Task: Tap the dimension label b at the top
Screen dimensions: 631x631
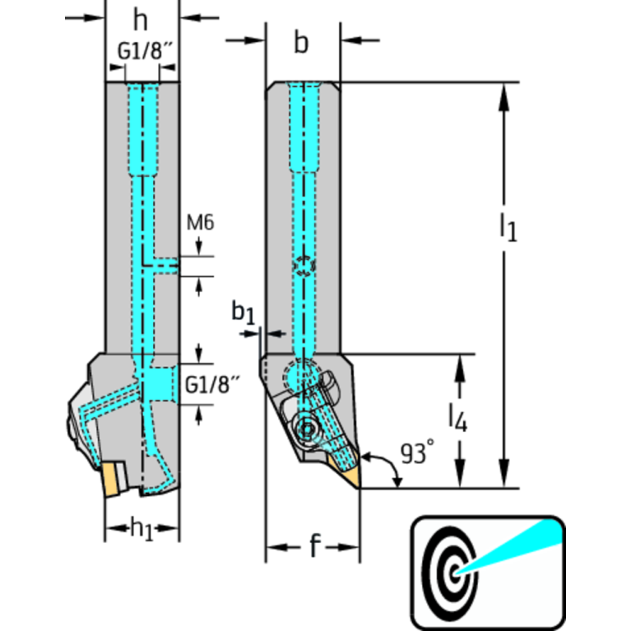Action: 302,44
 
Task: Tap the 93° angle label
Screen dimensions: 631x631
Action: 418,453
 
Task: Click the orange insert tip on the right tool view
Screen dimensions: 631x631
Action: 350,475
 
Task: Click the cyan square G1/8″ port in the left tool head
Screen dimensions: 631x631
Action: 157,383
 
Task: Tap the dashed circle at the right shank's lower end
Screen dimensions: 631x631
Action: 299,377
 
